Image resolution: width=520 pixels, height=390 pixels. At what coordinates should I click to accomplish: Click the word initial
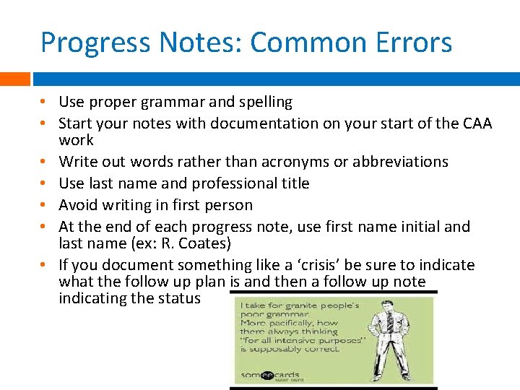pos(407,227)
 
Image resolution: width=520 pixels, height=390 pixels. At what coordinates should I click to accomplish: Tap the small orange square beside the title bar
pos(14,79)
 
